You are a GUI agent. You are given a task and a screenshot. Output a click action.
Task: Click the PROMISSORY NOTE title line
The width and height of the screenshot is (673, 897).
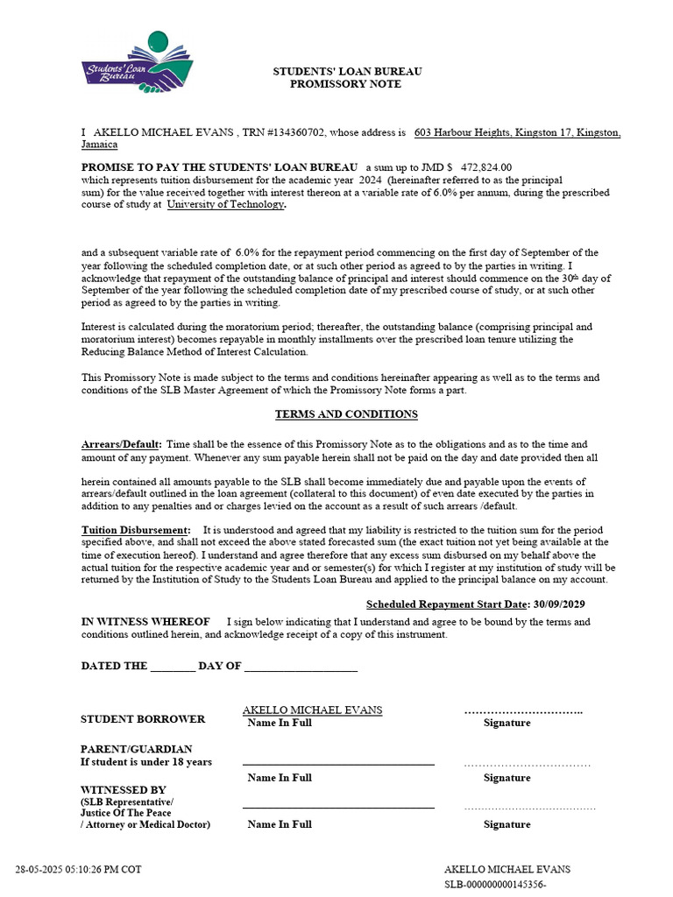tap(345, 84)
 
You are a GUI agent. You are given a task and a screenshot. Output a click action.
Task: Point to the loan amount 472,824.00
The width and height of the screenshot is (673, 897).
tap(485, 166)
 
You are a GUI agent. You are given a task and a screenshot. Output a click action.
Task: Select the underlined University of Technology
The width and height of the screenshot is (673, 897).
tap(225, 204)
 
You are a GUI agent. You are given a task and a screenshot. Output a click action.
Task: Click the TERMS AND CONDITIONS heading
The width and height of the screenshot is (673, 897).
tap(346, 414)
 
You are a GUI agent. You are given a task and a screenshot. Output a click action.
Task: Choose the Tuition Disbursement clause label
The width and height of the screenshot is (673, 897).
tap(135, 530)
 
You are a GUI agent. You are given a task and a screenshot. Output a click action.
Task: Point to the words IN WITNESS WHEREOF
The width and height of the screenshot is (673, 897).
tap(145, 622)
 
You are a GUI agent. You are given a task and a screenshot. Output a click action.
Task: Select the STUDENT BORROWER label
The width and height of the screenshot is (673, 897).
tap(143, 719)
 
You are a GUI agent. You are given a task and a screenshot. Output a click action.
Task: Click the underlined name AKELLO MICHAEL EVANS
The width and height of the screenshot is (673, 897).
tap(312, 710)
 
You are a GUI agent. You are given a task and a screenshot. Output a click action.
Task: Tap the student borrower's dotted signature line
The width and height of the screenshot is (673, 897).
tap(523, 711)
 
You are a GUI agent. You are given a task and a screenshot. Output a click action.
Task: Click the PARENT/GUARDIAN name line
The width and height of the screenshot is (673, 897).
tap(337, 763)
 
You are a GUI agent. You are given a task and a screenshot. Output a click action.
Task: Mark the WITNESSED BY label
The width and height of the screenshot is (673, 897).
tap(123, 789)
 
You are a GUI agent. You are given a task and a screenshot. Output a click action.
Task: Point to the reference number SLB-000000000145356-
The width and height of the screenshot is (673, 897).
tap(495, 885)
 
